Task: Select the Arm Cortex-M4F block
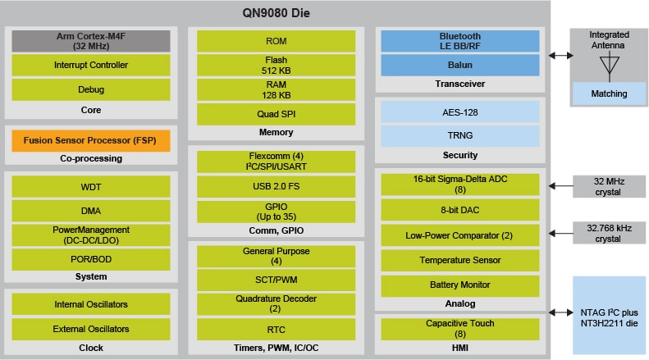tap(91, 41)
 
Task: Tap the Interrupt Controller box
tap(91, 65)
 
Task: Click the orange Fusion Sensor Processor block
tap(91, 140)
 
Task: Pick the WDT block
tap(91, 187)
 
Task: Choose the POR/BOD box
tap(91, 259)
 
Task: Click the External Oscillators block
tap(91, 329)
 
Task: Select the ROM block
tap(276, 41)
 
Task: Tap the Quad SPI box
tap(276, 114)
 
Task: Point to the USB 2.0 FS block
tap(276, 186)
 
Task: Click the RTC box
tap(276, 329)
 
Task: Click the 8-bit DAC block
tap(460, 210)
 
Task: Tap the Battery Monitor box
tap(460, 285)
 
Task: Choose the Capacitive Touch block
tap(460, 328)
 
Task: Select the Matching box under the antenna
tap(609, 93)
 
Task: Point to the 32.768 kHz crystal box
tap(609, 233)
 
